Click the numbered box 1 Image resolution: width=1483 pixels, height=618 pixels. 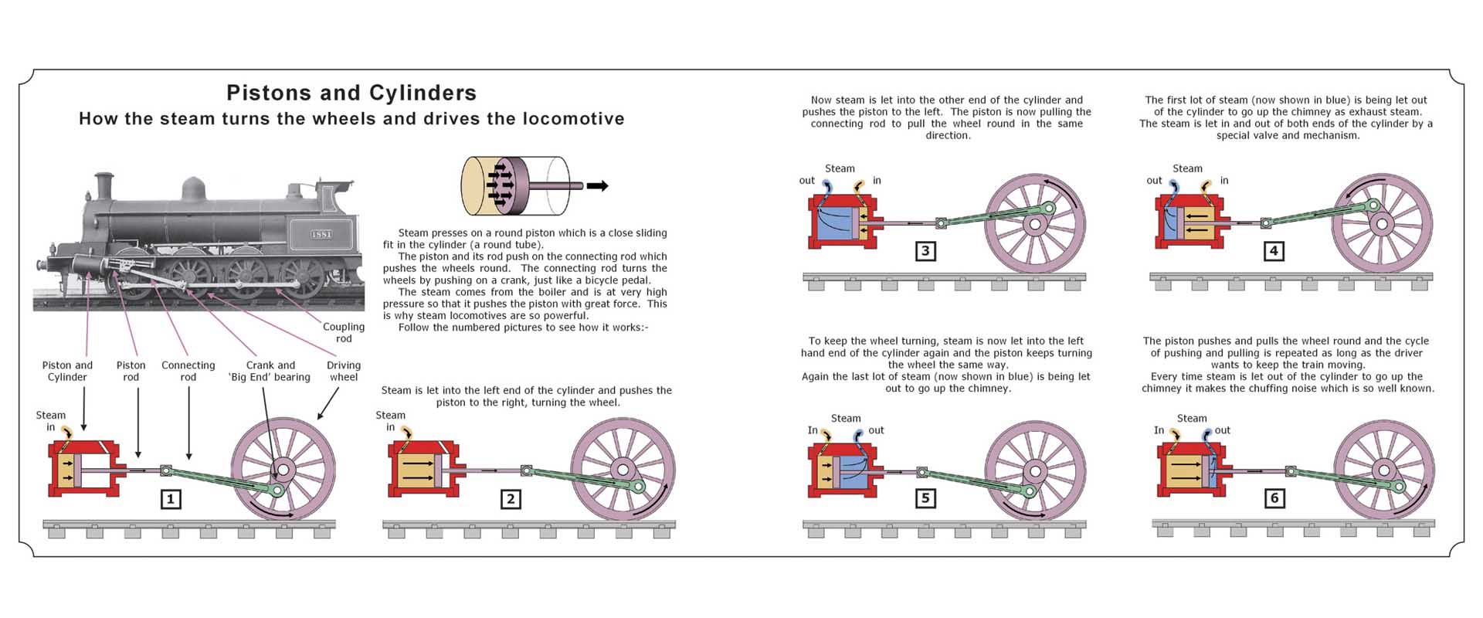coord(171,499)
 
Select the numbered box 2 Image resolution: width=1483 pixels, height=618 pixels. coord(510,499)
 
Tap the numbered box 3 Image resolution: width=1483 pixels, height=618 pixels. coord(925,251)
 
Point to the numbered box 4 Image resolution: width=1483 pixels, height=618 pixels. coord(1274,251)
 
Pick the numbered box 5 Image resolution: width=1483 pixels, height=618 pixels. coord(925,498)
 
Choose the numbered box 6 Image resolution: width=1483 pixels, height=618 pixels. coord(1274,498)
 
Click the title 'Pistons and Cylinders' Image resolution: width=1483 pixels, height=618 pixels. coord(351,93)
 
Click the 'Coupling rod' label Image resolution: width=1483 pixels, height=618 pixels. coord(344,333)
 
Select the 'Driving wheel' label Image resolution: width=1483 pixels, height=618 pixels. coord(344,372)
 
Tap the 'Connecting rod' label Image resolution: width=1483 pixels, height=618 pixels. coord(188,372)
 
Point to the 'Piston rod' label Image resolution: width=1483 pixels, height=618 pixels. coord(131,372)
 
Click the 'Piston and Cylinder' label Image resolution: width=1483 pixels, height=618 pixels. coord(67,372)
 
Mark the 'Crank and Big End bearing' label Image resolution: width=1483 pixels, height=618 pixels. coord(270,372)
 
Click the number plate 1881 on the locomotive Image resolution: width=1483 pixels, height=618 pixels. coord(321,234)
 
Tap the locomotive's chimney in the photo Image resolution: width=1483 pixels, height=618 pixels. coord(103,186)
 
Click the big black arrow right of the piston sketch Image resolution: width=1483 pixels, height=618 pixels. coord(597,185)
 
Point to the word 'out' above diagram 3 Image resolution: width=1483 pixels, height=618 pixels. coord(806,181)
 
